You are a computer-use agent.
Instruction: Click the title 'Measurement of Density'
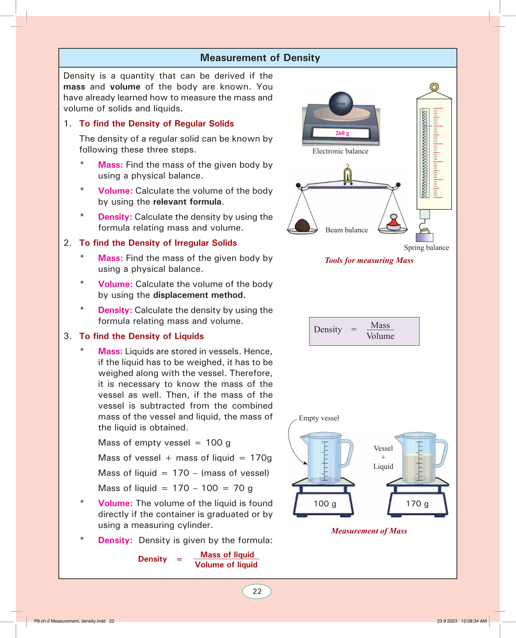pyautogui.click(x=260, y=58)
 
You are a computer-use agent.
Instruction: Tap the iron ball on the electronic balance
pyautogui.click(x=341, y=103)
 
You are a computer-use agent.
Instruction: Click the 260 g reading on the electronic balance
pyautogui.click(x=342, y=133)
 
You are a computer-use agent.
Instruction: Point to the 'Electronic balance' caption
pyautogui.click(x=340, y=151)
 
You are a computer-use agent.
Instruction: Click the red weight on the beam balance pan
pyautogui.click(x=394, y=223)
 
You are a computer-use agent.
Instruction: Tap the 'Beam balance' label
pyautogui.click(x=346, y=230)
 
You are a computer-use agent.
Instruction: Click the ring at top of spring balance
pyautogui.click(x=434, y=87)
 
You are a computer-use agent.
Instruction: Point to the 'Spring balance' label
pyautogui.click(x=426, y=248)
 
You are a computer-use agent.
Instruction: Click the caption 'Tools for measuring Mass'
pyautogui.click(x=369, y=260)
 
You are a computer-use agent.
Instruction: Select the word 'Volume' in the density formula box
pyautogui.click(x=380, y=336)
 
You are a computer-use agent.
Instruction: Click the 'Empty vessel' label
pyautogui.click(x=319, y=418)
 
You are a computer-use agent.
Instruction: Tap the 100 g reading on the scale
pyautogui.click(x=325, y=504)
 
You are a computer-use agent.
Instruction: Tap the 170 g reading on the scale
pyautogui.click(x=417, y=504)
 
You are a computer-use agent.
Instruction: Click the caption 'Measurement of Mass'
pyautogui.click(x=369, y=531)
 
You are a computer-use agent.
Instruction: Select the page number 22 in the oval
pyautogui.click(x=257, y=592)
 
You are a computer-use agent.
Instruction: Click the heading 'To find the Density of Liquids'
pyautogui.click(x=141, y=336)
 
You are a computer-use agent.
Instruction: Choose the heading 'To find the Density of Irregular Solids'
pyautogui.click(x=158, y=243)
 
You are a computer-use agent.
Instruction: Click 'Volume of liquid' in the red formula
pyautogui.click(x=226, y=565)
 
